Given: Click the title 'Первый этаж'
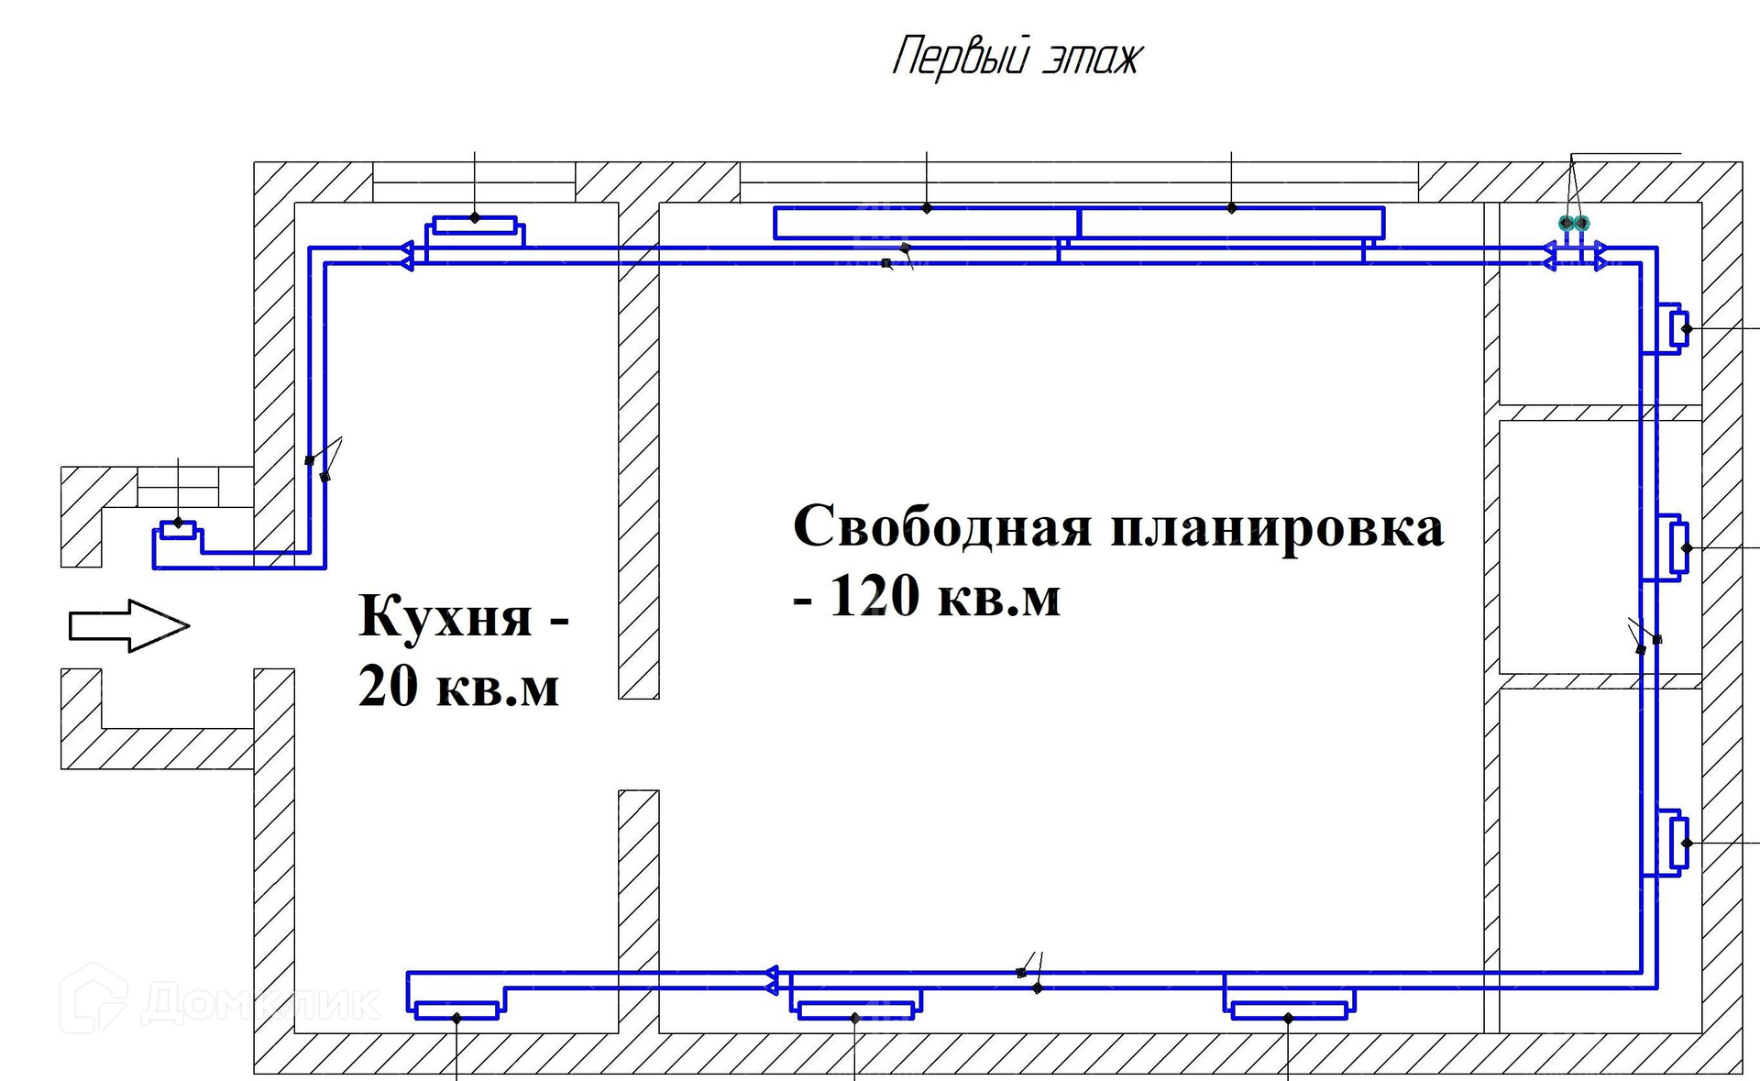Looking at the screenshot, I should point(1017,57).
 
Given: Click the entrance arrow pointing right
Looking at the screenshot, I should point(129,626).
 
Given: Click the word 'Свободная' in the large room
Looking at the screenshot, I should point(943,526).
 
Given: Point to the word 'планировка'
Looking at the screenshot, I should point(1278,528).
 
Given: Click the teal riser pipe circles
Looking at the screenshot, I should point(1574,223).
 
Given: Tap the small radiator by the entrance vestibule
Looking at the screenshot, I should point(178,531).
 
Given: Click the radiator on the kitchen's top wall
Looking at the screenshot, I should point(475,225).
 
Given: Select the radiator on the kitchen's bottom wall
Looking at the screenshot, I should point(456,1010).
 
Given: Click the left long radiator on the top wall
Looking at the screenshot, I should point(926,223).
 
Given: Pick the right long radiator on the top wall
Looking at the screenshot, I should point(1231,223).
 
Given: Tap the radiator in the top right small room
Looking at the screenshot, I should point(1679,328).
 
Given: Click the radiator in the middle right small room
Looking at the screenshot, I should point(1679,547).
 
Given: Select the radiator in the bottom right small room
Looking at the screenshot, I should point(1679,843).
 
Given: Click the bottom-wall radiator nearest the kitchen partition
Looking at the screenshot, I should point(855,1010).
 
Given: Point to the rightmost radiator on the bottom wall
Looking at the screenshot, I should point(1288,1010).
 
